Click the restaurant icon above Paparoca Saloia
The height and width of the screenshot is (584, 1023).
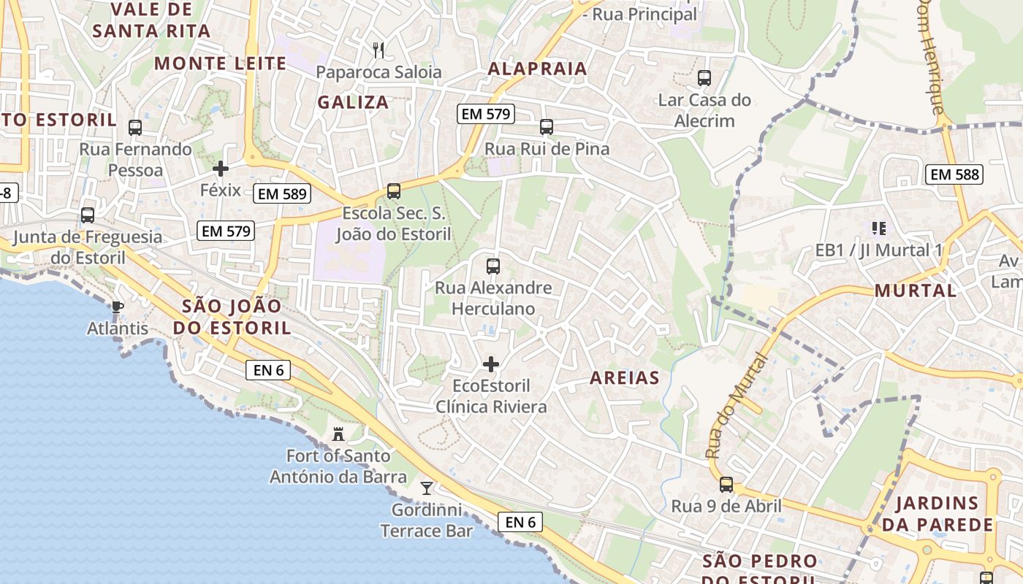pos(378,50)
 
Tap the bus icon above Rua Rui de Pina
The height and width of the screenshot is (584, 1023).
pos(546,127)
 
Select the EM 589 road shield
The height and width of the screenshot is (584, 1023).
pos(282,194)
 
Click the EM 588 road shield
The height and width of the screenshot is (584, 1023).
pos(954,174)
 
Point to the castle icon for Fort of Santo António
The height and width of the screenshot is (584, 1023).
pos(338,435)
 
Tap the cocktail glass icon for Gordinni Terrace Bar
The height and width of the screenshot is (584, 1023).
pos(427,488)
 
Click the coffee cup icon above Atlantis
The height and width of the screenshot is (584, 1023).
pos(117,307)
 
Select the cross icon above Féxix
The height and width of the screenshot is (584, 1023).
pos(220,169)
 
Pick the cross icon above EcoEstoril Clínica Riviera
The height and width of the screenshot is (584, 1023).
pos(491,364)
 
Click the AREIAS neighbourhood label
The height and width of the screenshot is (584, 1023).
pos(624,378)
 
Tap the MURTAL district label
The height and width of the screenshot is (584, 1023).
pos(916,291)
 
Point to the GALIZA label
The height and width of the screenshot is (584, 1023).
pos(353,103)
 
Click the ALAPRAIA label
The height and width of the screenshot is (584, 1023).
pos(537,69)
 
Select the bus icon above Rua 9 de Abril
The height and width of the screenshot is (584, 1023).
pos(726,485)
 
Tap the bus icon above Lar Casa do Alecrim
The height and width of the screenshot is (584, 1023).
pos(704,78)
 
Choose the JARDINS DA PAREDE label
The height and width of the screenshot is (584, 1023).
pos(937,514)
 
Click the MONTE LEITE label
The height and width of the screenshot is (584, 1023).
pos(220,64)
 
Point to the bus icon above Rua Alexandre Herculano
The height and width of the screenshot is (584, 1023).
pos(493,266)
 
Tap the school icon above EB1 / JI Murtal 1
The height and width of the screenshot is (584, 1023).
pos(879,228)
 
